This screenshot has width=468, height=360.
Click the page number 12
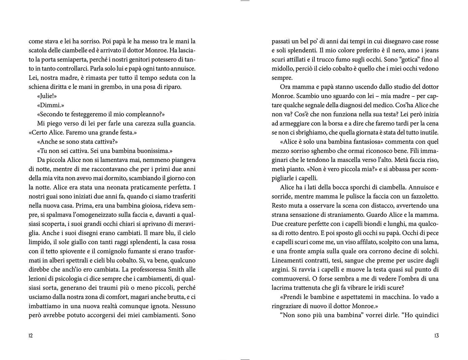click(31, 336)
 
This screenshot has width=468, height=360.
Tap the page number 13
click(436, 336)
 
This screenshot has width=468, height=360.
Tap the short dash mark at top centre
click(245, 1)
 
